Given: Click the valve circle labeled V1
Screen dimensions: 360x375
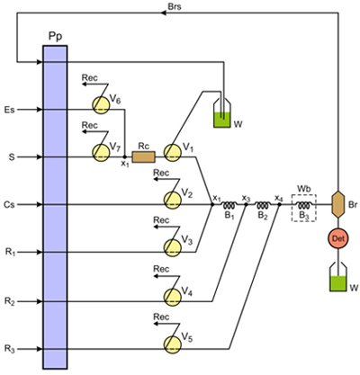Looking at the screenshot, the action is click(x=173, y=153).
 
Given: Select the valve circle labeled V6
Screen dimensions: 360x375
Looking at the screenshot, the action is click(x=101, y=105).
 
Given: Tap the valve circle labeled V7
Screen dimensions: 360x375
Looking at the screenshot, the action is click(x=101, y=153).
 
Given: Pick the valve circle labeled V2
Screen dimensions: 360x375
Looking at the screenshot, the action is click(x=173, y=200).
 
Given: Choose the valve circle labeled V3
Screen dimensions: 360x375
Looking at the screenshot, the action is click(x=173, y=247).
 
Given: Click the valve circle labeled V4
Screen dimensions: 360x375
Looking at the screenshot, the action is click(x=173, y=297).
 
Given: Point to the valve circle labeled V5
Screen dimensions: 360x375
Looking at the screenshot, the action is click(x=173, y=344).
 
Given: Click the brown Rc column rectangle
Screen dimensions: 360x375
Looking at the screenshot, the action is click(x=144, y=156).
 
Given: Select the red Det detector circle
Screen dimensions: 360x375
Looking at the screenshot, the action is click(x=338, y=238).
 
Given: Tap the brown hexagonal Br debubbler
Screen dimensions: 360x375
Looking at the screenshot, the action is click(x=338, y=205).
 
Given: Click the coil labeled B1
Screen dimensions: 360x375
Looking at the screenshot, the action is click(x=229, y=205).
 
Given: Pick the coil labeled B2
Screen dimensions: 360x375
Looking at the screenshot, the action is click(x=263, y=205).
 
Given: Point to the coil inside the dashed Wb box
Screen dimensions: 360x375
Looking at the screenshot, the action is click(x=304, y=205).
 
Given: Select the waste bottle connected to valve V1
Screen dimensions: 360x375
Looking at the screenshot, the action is click(x=222, y=113).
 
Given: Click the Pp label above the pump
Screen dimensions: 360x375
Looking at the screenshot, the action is click(x=55, y=37).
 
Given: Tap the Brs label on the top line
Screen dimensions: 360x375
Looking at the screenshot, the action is click(x=175, y=6).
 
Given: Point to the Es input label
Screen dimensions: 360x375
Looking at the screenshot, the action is click(x=10, y=110).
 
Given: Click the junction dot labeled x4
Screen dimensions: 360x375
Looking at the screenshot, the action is click(x=279, y=205).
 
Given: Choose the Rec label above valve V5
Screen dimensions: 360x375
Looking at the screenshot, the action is click(x=161, y=317).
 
